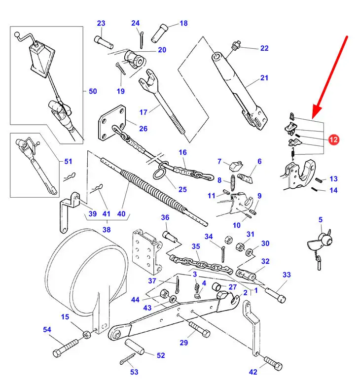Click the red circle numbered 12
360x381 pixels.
333,140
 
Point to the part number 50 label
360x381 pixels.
93,91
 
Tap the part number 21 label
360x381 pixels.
264,78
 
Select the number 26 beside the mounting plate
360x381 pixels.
143,129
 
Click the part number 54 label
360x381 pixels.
47,329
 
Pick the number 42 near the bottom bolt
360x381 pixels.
252,372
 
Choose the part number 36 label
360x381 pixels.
165,218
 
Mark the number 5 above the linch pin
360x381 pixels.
320,220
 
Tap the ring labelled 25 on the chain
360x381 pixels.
161,173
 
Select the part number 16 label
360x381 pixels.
183,152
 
